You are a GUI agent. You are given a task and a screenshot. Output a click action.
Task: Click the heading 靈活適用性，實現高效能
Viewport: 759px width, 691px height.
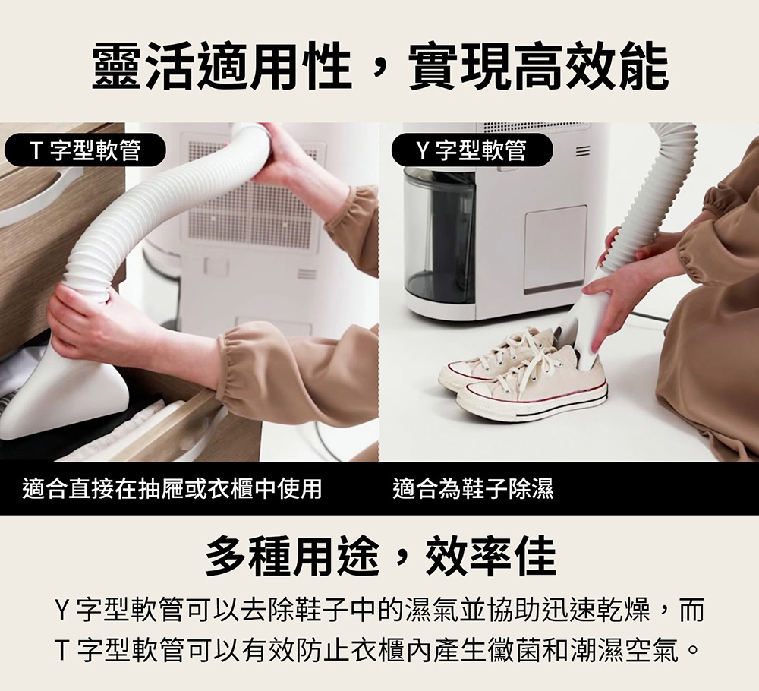click(380, 67)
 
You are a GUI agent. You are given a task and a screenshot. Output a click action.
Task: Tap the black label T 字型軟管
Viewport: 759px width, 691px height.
click(85, 150)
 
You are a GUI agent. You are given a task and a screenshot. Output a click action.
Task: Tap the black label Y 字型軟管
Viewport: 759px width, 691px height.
click(472, 150)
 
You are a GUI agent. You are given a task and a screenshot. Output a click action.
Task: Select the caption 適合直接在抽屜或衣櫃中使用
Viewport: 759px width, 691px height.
click(172, 488)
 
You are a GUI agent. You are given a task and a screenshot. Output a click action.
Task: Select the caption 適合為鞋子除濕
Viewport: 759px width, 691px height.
click(473, 488)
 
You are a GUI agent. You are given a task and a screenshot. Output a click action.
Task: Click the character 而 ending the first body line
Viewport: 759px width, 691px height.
click(691, 609)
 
